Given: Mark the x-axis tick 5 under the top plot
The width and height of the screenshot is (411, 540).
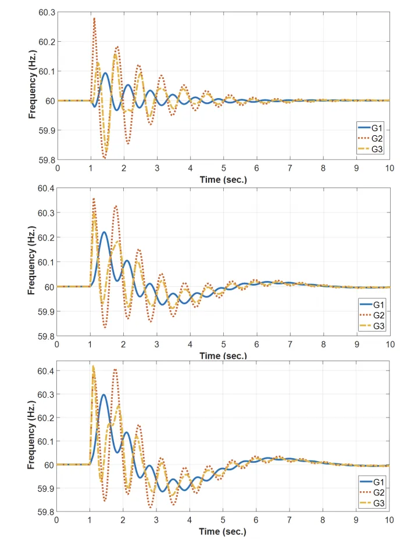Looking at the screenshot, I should (223, 168).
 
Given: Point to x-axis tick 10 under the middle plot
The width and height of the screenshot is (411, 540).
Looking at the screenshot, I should (389, 345).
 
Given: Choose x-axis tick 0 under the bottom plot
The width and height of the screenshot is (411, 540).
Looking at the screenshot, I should (57, 521).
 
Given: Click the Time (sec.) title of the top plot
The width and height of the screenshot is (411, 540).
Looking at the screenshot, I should (223, 179).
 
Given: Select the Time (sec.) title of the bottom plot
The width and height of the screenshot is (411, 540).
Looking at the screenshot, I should (223, 531).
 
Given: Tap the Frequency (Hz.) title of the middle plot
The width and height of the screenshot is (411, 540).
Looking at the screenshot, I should (33, 262).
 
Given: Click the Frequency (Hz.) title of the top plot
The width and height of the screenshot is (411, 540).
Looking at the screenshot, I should (33, 86).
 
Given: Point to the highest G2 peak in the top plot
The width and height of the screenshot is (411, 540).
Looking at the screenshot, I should (94, 19).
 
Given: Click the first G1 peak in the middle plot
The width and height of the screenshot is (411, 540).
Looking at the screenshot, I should (105, 232).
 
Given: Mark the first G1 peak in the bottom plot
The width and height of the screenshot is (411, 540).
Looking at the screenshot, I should (104, 395).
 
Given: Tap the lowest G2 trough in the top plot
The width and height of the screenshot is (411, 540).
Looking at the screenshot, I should (105, 157).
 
